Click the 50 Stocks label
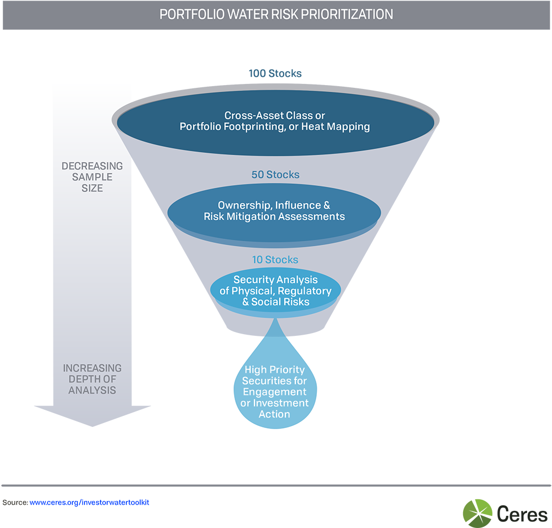tap(275, 175)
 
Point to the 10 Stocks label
tap(274, 260)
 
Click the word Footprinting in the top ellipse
tap(247, 126)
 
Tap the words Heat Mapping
tap(340, 126)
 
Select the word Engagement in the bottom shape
tap(274, 392)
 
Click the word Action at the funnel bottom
tap(274, 414)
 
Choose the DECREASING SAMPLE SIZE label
tap(92, 177)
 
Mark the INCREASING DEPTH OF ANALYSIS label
tap(92, 379)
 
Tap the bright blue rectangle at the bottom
tap(98, 512)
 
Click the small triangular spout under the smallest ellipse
tap(274, 329)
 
